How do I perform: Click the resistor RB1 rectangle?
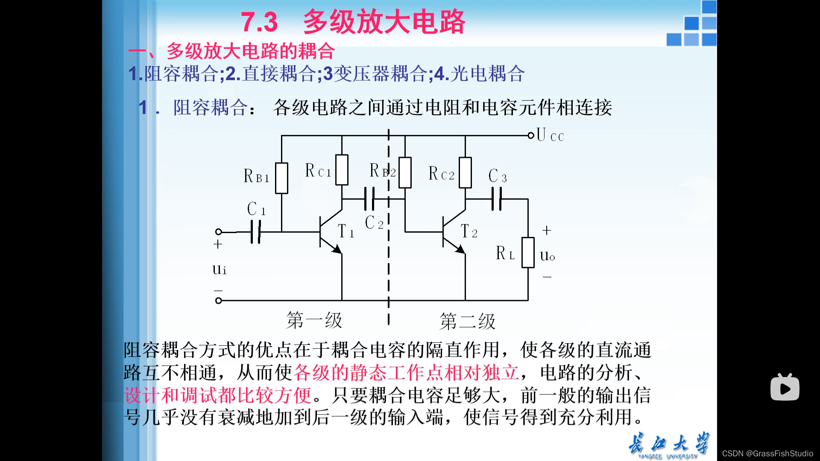click(281, 178)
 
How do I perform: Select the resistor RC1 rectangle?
click(342, 170)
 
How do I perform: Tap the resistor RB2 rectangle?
click(404, 172)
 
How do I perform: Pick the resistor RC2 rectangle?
click(465, 172)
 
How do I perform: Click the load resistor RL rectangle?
click(528, 253)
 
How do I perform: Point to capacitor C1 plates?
click(255, 232)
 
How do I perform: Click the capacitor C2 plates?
click(369, 199)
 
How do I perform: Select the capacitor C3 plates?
click(496, 199)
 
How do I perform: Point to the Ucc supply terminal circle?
click(531, 136)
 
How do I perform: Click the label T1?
click(346, 232)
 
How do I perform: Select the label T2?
click(469, 232)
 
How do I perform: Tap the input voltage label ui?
click(220, 269)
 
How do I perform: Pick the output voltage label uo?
click(547, 256)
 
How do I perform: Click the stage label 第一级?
click(314, 321)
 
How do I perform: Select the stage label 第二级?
click(467, 321)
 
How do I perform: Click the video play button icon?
click(785, 387)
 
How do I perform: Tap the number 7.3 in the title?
click(259, 22)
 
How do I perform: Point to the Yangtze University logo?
click(669, 446)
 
